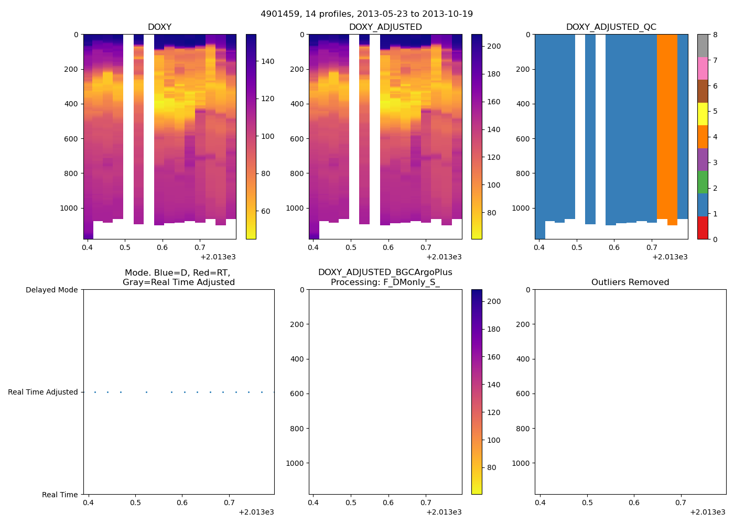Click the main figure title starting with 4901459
point(366,14)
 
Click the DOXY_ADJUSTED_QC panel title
point(611,27)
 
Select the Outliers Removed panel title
point(630,282)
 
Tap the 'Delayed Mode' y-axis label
point(51,290)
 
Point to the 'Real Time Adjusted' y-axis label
point(43,392)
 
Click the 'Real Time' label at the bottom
point(60,495)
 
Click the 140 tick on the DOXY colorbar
point(267,61)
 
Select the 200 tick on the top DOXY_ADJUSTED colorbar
point(493,46)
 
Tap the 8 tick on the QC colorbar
point(714,35)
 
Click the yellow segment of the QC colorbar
point(703,114)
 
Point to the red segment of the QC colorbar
point(703,228)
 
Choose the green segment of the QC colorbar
point(703,182)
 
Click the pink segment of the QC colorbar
point(703,68)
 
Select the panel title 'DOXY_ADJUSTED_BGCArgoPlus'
point(385,272)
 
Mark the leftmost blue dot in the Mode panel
point(95,392)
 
